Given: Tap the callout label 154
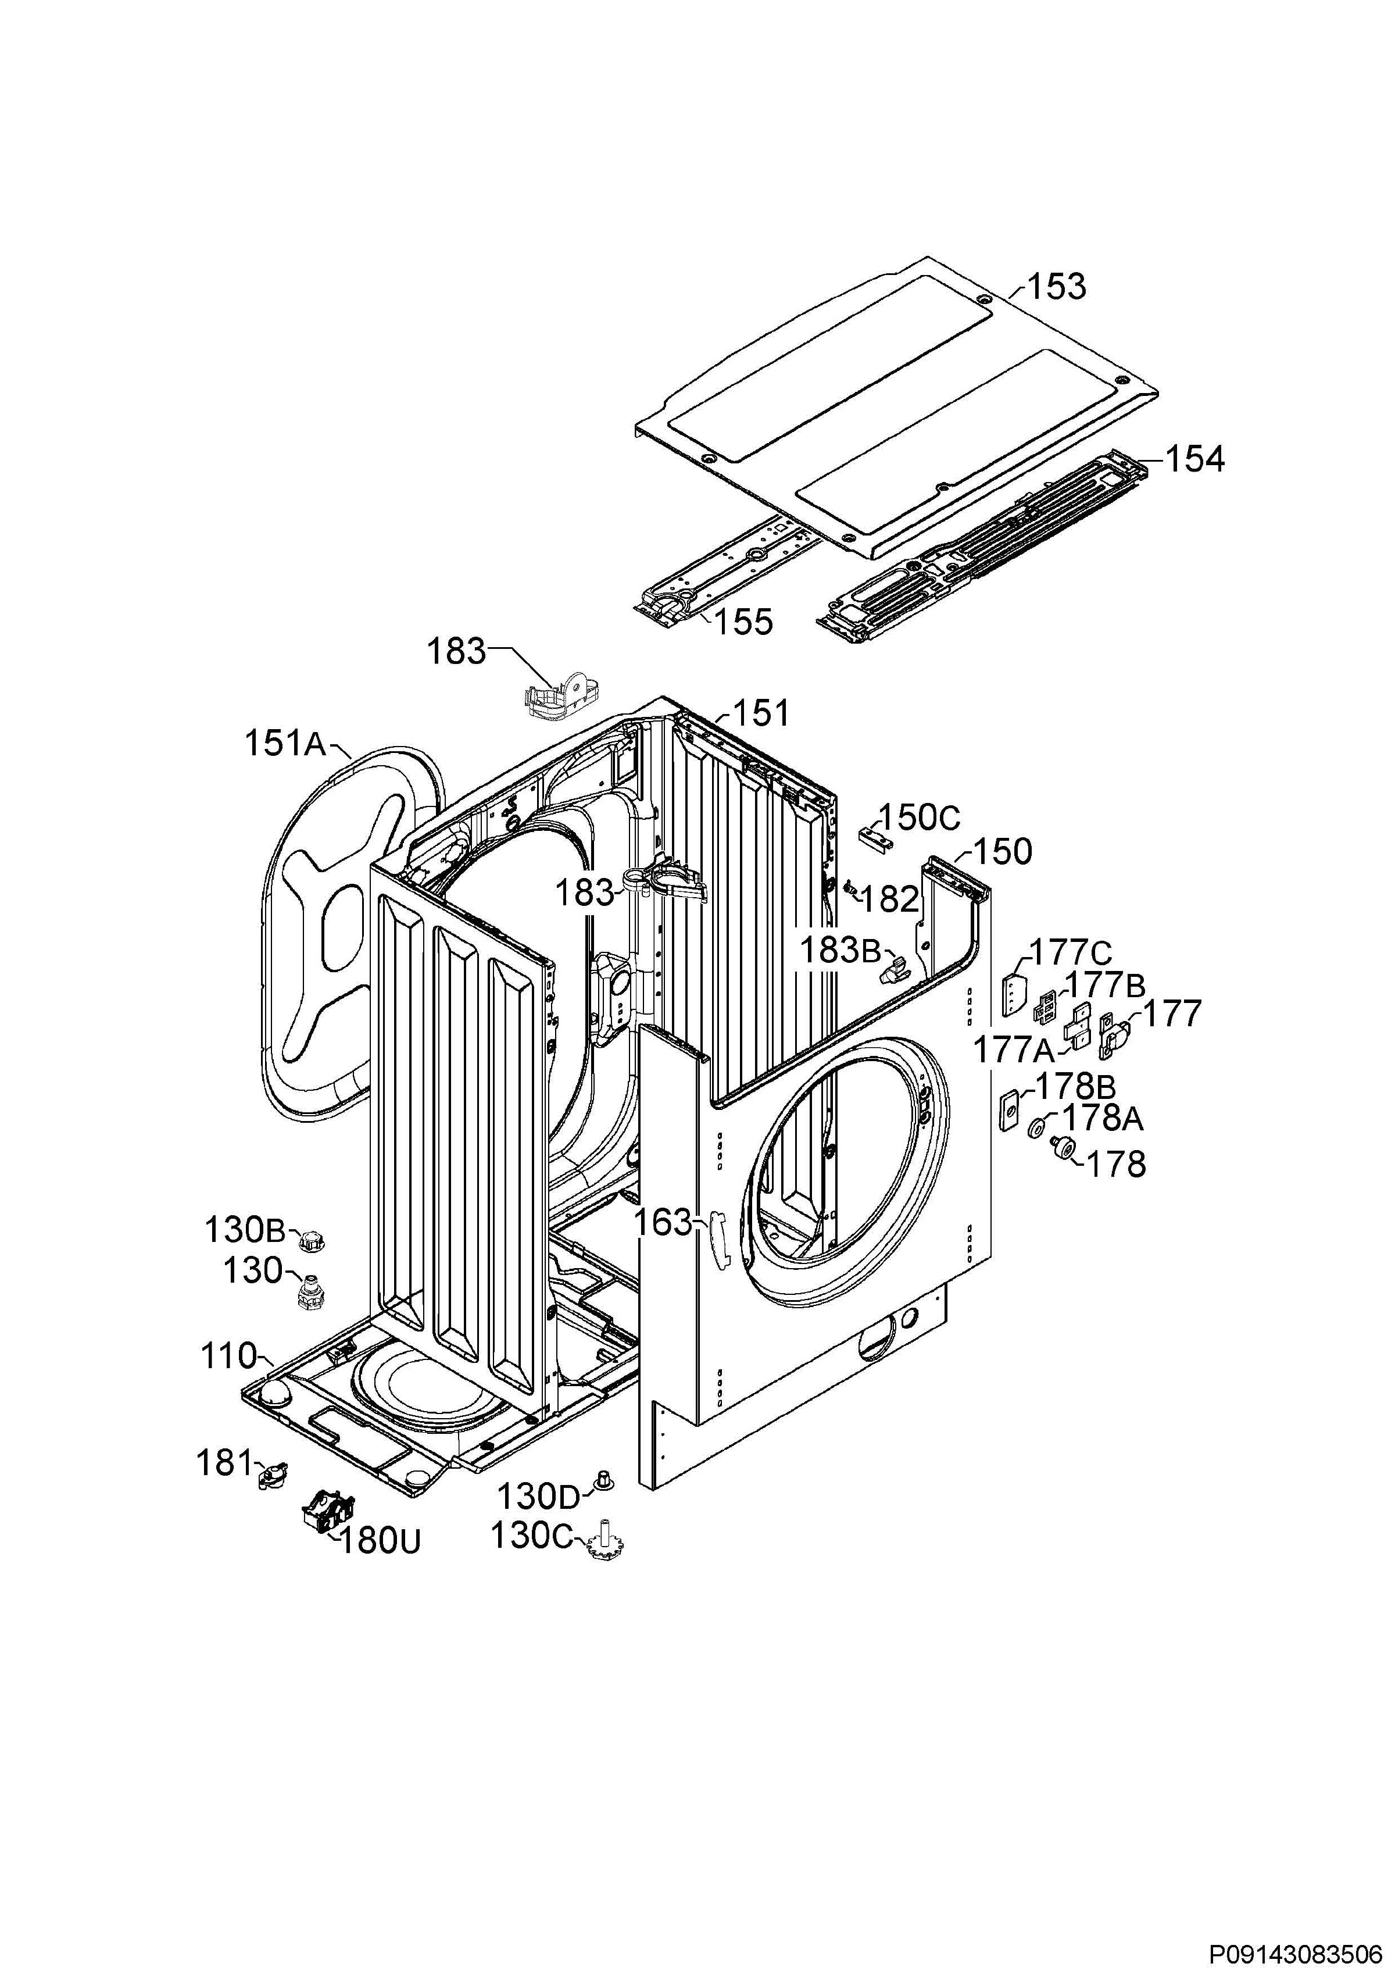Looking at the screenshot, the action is [x=1194, y=459].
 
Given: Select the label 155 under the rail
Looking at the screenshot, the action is [x=743, y=622].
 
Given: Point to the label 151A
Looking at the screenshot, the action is [x=285, y=743].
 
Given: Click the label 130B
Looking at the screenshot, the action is [x=245, y=1230].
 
